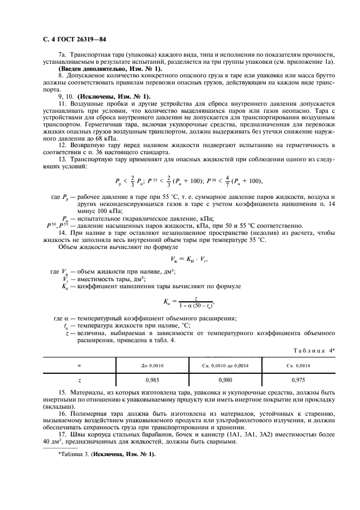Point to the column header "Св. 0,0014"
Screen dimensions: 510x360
[298, 366]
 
